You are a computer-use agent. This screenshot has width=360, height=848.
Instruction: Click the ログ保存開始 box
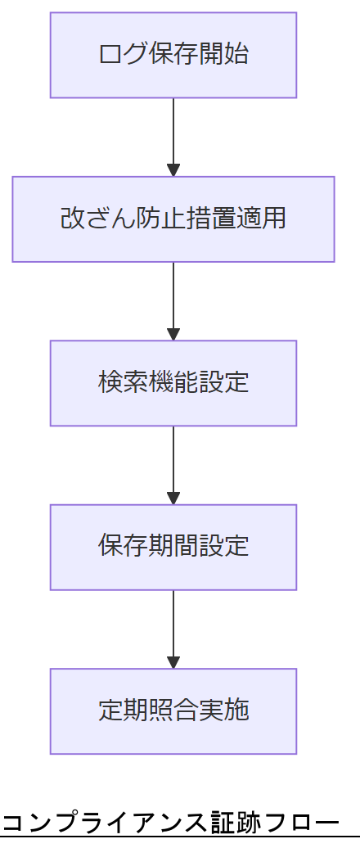[x=173, y=56]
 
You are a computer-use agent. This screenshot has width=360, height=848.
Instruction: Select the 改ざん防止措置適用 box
[x=173, y=219]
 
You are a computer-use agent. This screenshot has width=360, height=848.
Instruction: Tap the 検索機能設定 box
[x=173, y=383]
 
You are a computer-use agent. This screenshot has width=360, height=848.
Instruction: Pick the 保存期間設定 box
[x=173, y=547]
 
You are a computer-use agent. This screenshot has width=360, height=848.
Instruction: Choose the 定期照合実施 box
[x=173, y=710]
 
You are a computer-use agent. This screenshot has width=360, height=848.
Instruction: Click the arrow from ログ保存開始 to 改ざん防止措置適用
[x=173, y=135]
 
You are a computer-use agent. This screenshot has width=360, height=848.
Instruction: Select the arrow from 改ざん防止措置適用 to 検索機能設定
[x=173, y=299]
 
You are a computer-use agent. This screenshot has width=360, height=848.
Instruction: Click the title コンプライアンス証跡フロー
[x=171, y=823]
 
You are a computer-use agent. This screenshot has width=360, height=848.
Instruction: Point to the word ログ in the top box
[x=113, y=56]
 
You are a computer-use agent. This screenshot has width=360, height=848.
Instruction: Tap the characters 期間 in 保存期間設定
[x=173, y=547]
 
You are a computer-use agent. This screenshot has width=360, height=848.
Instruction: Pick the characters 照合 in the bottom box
[x=173, y=710]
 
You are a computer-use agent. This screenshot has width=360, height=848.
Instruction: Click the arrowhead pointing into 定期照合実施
[x=173, y=662]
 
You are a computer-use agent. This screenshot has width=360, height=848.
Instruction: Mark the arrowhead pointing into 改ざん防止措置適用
[x=173, y=170]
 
